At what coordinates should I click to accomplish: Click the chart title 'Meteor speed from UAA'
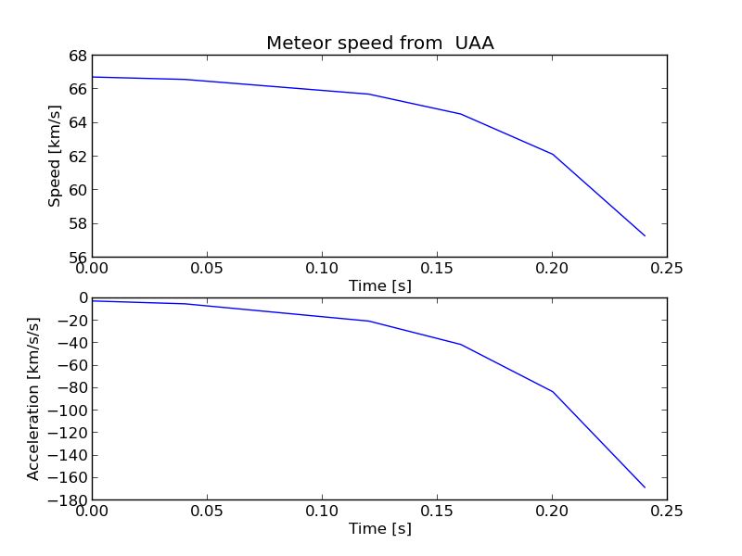[379, 44]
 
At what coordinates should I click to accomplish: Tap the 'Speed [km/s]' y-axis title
[55, 156]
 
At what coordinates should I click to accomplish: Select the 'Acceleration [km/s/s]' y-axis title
[33, 398]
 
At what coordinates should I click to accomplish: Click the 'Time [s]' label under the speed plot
[379, 286]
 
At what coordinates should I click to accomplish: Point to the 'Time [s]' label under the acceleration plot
[379, 529]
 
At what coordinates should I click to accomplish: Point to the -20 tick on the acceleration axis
[72, 321]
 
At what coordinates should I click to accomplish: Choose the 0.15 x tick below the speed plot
[437, 269]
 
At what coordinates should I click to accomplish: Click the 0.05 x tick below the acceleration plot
[207, 512]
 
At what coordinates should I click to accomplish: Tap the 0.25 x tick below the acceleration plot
[667, 512]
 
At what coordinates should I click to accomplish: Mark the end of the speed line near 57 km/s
[645, 235]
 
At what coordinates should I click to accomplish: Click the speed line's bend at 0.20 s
[553, 154]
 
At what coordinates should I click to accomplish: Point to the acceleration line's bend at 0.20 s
[553, 392]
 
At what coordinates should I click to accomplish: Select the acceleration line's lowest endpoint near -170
[645, 487]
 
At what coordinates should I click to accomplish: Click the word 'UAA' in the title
[474, 44]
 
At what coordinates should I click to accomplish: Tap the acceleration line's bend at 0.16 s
[460, 344]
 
